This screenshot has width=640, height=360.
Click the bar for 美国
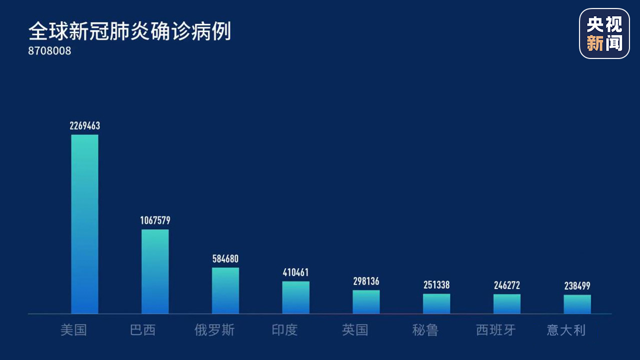tap(84, 224)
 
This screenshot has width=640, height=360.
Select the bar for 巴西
tap(155, 271)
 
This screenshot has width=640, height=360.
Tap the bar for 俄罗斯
tap(225, 290)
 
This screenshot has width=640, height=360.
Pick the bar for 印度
tap(295, 297)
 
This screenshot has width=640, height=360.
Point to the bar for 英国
tap(366, 302)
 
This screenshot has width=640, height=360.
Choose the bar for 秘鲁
tap(436, 303)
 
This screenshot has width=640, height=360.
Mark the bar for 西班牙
tap(506, 304)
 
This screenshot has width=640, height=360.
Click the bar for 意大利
tap(577, 304)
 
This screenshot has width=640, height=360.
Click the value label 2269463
tap(84, 125)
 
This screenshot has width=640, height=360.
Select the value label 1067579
tap(155, 220)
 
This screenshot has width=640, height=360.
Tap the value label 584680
tap(225, 259)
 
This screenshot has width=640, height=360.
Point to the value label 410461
tap(295, 272)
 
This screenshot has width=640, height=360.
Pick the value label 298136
tap(366, 281)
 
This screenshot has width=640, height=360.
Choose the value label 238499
tap(577, 286)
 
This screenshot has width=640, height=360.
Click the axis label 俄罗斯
tap(214, 330)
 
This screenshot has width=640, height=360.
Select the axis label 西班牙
tap(495, 330)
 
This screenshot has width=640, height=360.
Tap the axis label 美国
tap(73, 330)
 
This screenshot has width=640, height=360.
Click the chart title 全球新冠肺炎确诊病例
tap(129, 31)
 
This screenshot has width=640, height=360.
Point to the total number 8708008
tap(49, 51)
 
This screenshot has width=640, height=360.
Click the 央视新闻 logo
tap(604, 33)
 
